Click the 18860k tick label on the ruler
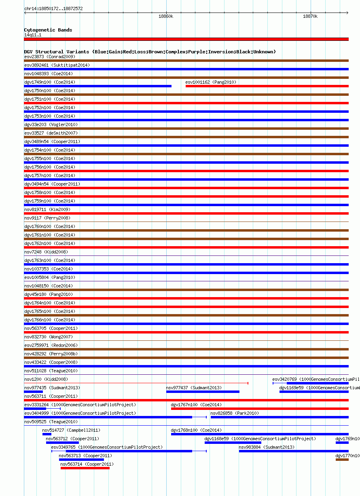[166, 17]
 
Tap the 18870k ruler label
[310, 17]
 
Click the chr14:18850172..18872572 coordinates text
[53, 8]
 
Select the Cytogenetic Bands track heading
[48, 30]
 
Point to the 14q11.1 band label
[33, 35]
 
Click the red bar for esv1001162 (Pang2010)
[267, 86]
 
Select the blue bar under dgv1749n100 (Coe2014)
[97, 86]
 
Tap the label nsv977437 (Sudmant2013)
[194, 388]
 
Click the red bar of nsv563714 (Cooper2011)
[85, 468]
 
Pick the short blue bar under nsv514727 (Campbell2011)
[47, 434]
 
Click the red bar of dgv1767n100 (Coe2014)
[260, 409]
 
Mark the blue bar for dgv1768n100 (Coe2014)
[260, 434]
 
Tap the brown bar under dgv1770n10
[342, 460]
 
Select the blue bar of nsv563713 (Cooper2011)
[81, 460]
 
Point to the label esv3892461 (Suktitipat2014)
[57, 65]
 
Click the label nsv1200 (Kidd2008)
[46, 379]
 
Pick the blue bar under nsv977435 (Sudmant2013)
[34, 392]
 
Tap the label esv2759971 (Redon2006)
[51, 345]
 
